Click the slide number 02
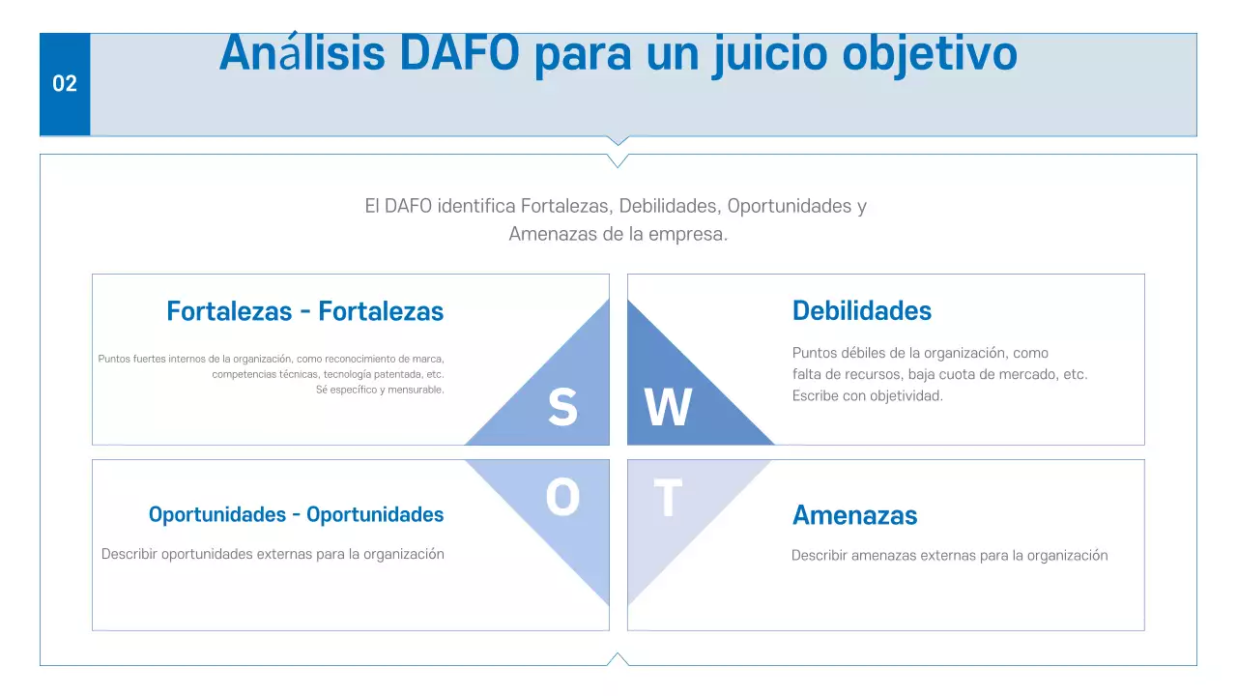[65, 84]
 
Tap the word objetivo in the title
[929, 54]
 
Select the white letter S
[562, 407]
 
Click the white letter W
[668, 408]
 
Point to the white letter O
[562, 499]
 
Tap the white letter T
[668, 499]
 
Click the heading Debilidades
[861, 311]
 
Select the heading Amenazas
[854, 515]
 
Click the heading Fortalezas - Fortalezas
[304, 311]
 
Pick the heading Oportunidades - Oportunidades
[296, 514]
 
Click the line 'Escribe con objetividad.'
[867, 396]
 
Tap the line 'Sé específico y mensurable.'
[380, 390]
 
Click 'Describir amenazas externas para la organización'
[949, 556]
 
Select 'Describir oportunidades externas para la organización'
[273, 554]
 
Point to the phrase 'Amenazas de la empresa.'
[618, 234]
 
